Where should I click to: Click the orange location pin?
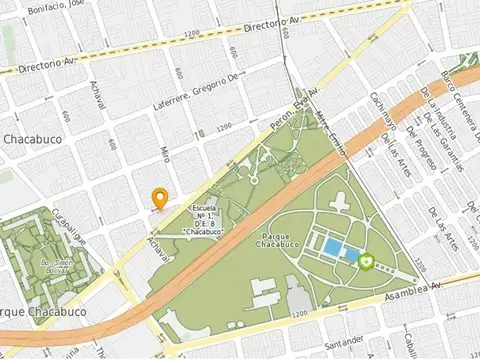[x=158, y=196]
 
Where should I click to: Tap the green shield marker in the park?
[x=367, y=261]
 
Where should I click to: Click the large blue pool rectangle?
[x=331, y=247]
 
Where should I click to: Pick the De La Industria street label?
[x=436, y=112]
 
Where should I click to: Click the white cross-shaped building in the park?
[x=339, y=205]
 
